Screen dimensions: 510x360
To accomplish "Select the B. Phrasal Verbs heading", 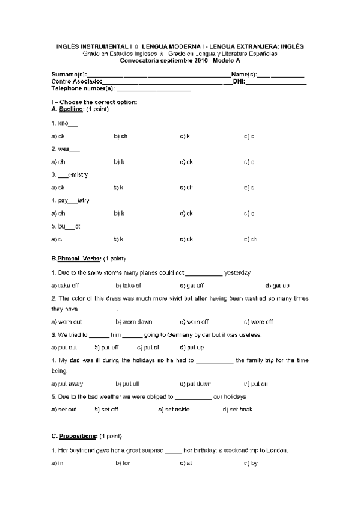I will (x=76, y=259).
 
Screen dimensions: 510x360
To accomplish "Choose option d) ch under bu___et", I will (x=251, y=239).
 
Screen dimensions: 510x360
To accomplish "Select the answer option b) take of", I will (x=128, y=286).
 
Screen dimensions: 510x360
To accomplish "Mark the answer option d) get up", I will (x=277, y=286).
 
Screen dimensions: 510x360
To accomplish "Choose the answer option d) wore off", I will (x=258, y=322).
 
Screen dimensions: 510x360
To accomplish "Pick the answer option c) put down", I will (x=195, y=383).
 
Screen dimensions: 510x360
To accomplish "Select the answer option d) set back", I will (x=237, y=409).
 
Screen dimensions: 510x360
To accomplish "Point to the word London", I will (x=275, y=450).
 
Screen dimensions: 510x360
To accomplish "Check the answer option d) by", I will (x=251, y=463).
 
